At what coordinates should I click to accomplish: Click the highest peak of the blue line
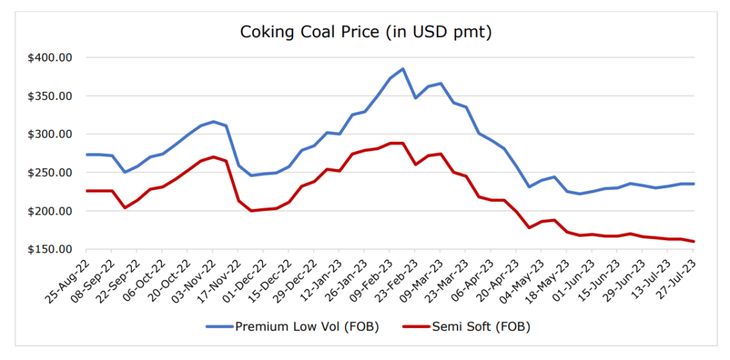coord(403,69)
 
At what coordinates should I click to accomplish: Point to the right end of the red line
coord(694,242)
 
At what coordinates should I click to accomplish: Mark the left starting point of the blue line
coord(86,155)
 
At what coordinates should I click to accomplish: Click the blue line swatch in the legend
coord(219,327)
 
